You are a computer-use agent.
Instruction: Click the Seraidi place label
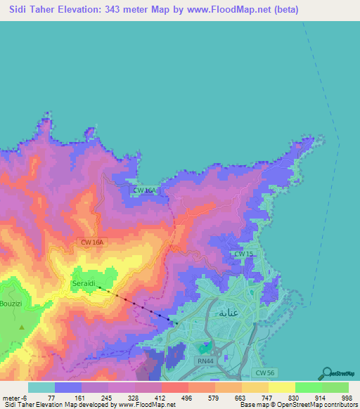point(84,283)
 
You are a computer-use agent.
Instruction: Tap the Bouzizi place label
point(12,304)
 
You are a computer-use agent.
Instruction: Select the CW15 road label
point(243,254)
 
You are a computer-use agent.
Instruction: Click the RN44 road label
point(205,360)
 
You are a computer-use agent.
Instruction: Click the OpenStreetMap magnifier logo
point(328,373)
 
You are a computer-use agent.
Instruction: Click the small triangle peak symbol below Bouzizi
point(22,327)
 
